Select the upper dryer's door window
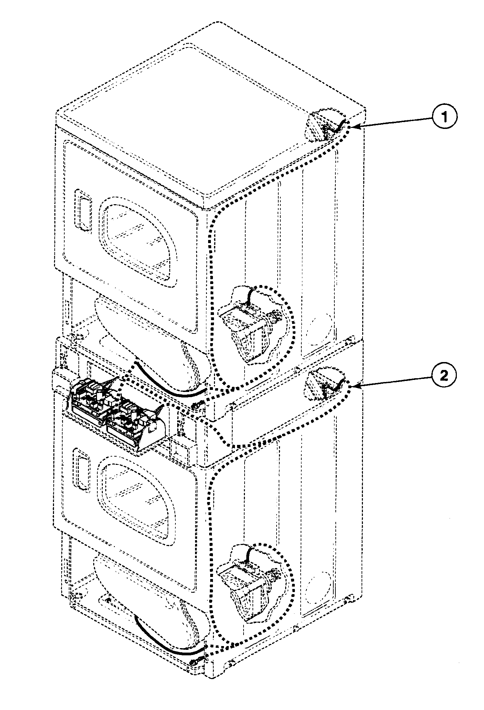point(138,241)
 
